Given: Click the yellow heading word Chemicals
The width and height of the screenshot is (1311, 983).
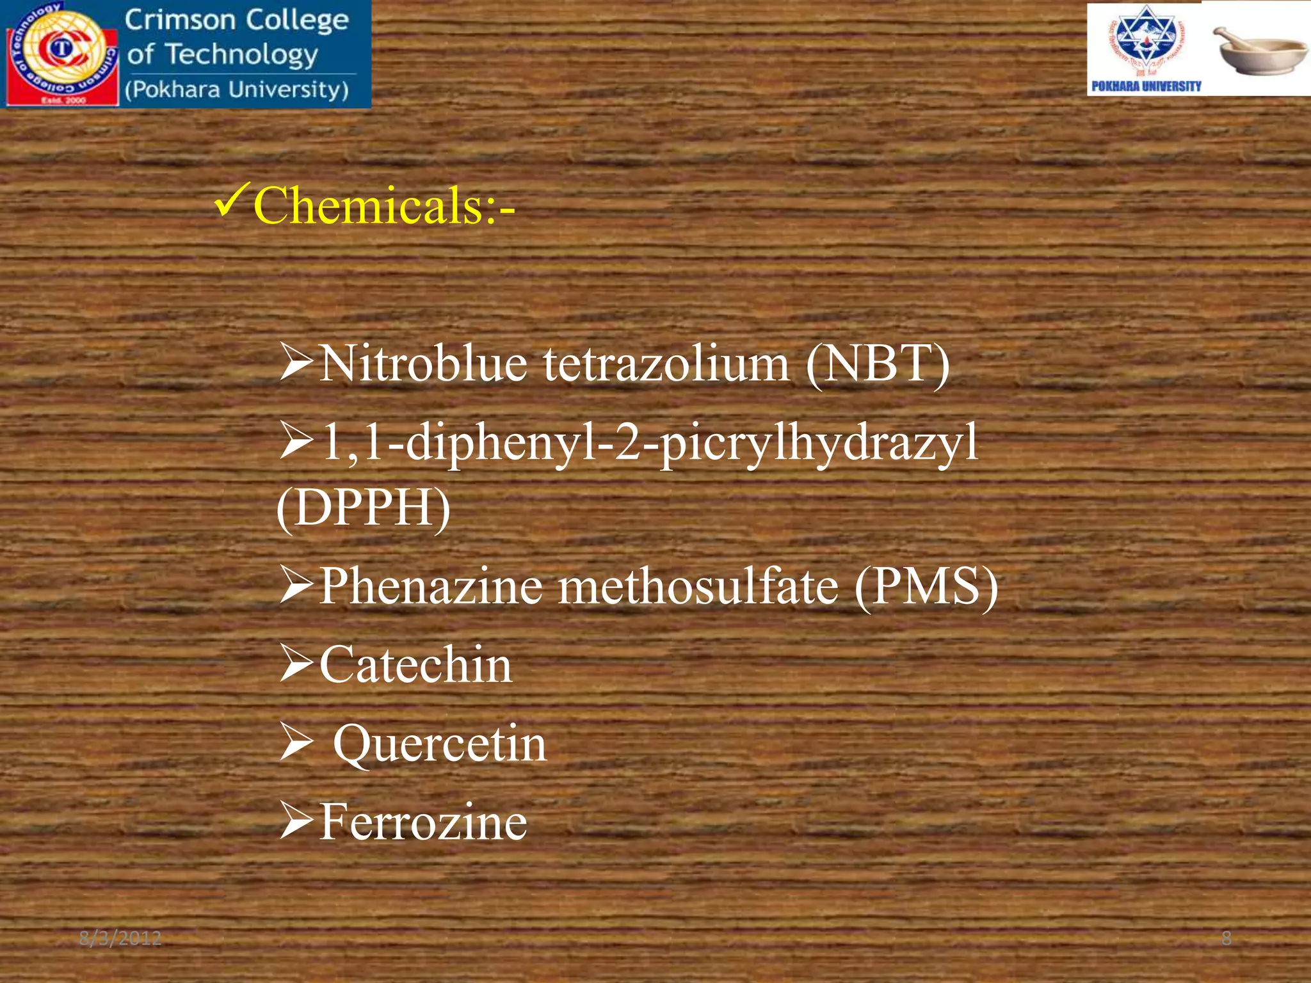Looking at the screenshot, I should pyautogui.click(x=374, y=206).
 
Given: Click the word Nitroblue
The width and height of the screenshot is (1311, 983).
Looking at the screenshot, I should pyautogui.click(x=423, y=364).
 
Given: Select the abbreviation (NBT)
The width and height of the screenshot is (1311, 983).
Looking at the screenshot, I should pyautogui.click(x=878, y=364).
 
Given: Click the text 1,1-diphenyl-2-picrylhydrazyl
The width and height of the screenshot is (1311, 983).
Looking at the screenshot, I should pyautogui.click(x=649, y=443).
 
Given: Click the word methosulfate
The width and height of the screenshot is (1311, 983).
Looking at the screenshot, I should pyautogui.click(x=698, y=586).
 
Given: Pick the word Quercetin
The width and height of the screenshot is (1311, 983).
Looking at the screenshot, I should pyautogui.click(x=440, y=744).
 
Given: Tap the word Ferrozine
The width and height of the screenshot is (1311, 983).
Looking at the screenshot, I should pyautogui.click(x=423, y=822).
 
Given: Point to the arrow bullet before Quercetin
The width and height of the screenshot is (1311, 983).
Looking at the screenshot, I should pyautogui.click(x=296, y=744).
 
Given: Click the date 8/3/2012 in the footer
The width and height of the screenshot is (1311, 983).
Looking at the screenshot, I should pyautogui.click(x=120, y=939).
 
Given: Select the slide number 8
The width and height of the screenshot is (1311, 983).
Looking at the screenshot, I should pyautogui.click(x=1227, y=939).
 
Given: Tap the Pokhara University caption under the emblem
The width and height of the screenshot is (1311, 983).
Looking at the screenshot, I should pyautogui.click(x=1146, y=86).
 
